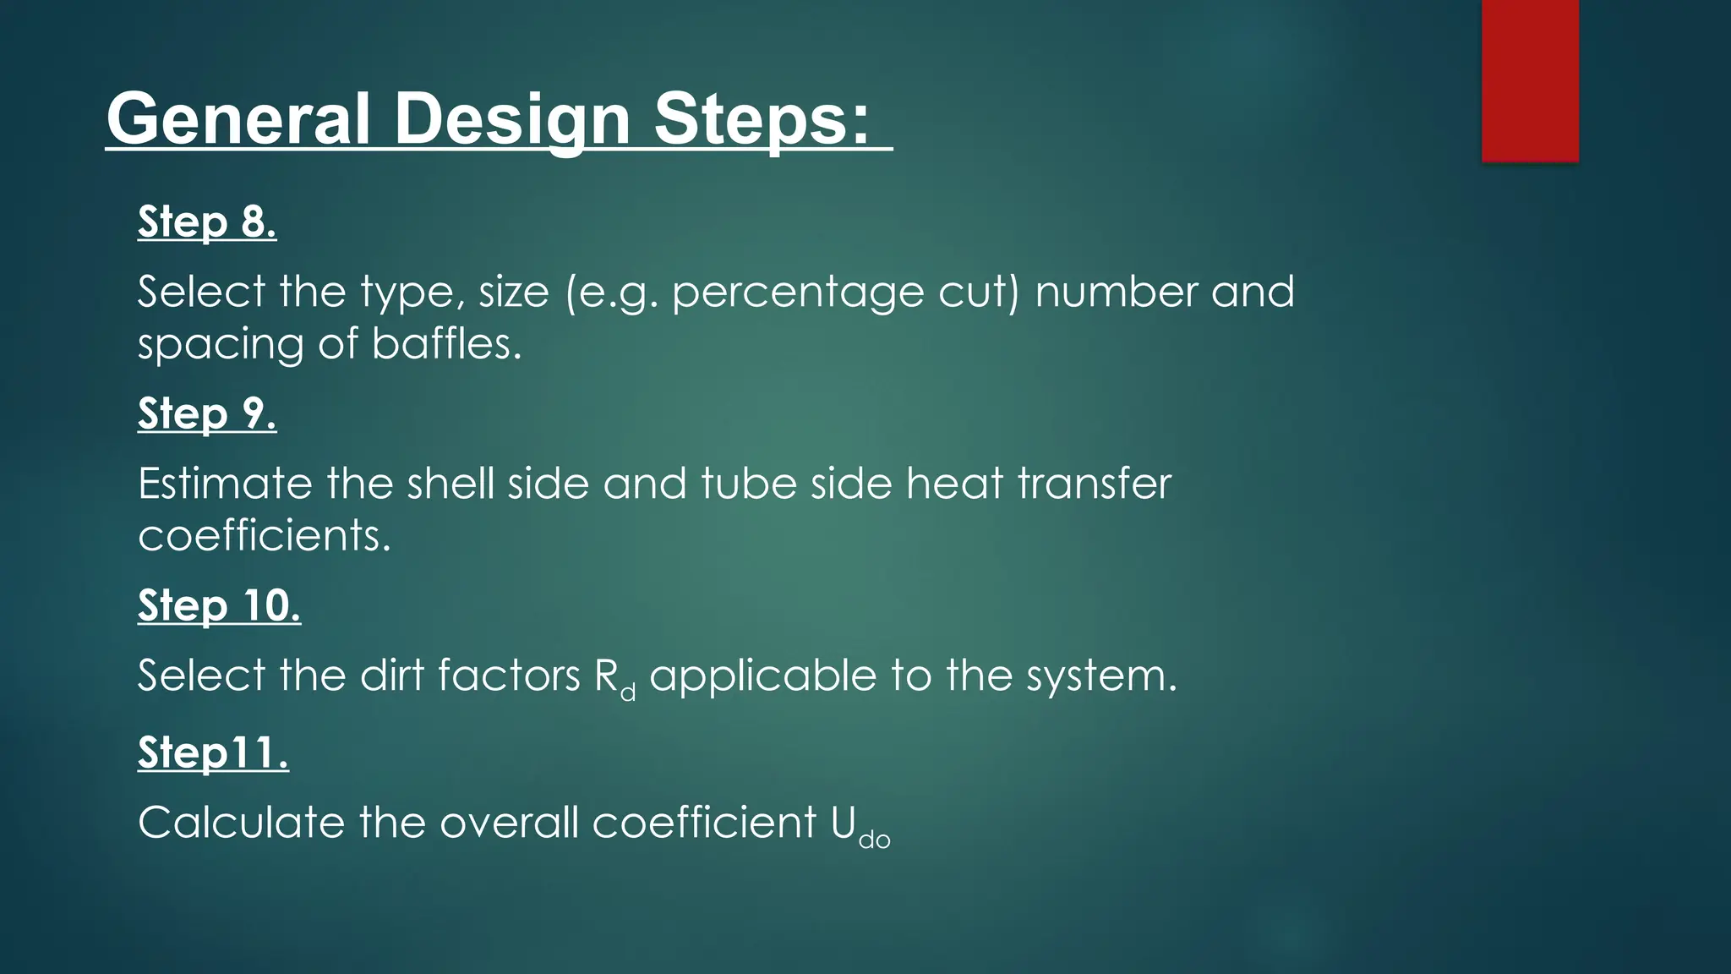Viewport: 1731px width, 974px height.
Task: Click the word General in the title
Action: click(x=238, y=119)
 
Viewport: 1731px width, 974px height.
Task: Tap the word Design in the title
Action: click(x=512, y=119)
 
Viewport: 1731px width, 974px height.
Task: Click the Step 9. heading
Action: click(x=207, y=413)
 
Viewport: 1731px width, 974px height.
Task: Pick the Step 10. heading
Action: click(x=219, y=605)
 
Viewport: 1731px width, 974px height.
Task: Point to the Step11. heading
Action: click(x=213, y=752)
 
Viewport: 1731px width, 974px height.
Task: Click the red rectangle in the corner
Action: click(x=1530, y=80)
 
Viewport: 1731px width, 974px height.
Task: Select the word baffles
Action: click(x=446, y=344)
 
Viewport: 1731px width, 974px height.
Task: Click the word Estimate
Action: click(x=226, y=484)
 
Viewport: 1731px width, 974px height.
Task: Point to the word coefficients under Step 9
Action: click(x=265, y=536)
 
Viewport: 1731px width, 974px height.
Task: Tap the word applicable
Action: click(x=764, y=676)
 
